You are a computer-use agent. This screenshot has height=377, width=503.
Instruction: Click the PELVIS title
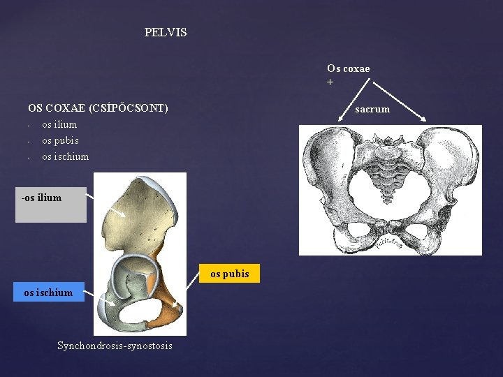[x=166, y=33]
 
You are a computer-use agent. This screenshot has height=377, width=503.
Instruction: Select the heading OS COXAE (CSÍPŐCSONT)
[x=98, y=108]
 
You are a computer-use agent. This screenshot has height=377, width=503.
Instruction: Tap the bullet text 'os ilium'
[x=59, y=124]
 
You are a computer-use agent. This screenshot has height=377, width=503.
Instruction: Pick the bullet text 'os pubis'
[x=60, y=140]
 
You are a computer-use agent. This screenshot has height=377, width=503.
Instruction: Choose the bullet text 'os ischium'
[x=65, y=156]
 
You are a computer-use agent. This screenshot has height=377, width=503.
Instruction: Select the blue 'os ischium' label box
[x=48, y=293]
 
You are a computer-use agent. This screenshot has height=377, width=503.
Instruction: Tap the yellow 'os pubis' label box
[x=230, y=274]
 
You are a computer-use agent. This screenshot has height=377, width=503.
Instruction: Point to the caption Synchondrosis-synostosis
[x=115, y=346]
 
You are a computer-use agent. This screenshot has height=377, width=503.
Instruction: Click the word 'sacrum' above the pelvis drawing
[x=372, y=109]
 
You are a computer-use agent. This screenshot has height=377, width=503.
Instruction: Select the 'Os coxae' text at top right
[x=348, y=68]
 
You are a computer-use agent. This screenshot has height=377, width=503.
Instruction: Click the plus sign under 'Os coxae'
[x=330, y=82]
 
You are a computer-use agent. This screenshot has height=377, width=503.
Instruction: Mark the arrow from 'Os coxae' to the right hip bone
[x=398, y=101]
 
